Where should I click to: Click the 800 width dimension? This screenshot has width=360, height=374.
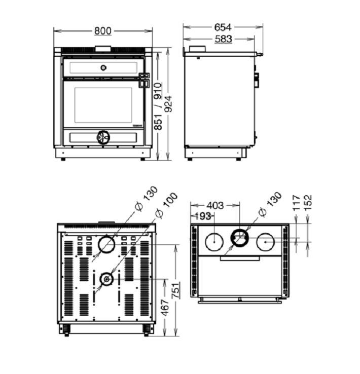103,31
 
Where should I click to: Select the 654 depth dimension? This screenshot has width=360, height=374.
223,27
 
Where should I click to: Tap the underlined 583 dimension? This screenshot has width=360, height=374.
223,39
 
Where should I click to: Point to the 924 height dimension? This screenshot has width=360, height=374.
169,104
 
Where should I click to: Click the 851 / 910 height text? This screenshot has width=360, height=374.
158,106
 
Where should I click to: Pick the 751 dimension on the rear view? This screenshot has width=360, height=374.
176,290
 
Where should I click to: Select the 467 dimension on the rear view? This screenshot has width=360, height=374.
165,308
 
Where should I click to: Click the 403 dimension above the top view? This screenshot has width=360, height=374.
215,205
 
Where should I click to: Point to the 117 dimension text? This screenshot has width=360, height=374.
296,203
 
